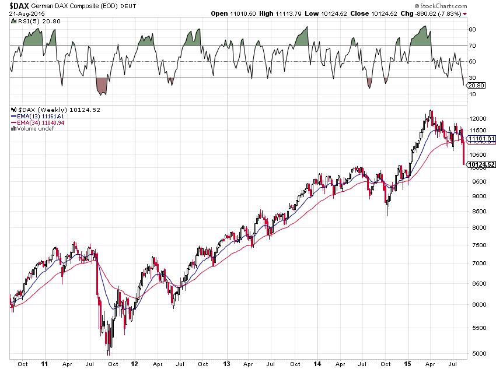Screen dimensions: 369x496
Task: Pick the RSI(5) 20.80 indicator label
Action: pos(30,20)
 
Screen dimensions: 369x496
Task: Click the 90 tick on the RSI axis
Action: pos(473,29)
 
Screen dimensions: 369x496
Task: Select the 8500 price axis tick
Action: pos(476,213)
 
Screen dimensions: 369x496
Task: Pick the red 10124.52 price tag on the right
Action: pos(482,165)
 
